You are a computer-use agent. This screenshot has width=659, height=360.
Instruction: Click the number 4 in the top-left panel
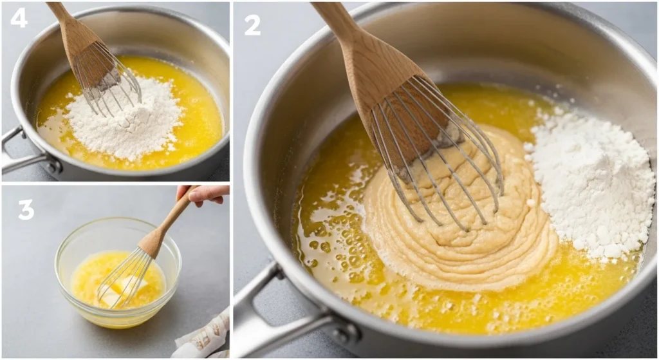19,17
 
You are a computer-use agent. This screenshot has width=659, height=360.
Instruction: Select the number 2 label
252,24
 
